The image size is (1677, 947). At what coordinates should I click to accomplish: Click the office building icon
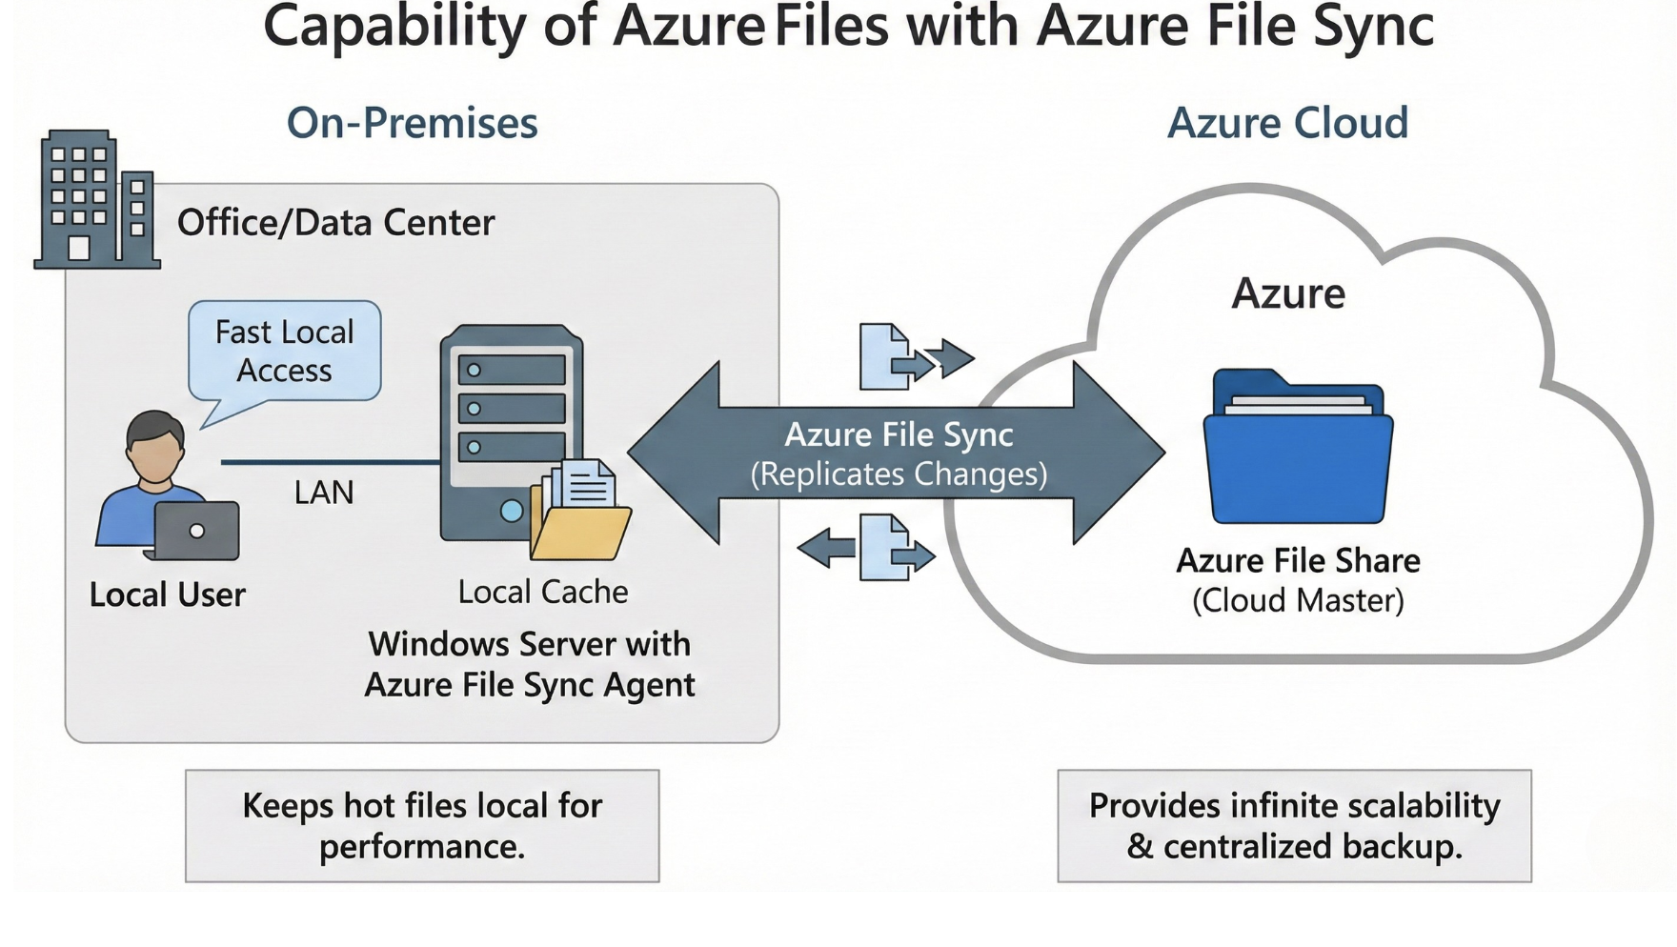[96, 200]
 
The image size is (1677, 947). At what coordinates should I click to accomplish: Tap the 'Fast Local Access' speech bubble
[285, 351]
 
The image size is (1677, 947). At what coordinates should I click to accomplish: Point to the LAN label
[324, 493]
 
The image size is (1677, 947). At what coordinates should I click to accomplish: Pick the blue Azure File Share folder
[1298, 453]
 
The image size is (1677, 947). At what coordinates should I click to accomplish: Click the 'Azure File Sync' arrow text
[899, 435]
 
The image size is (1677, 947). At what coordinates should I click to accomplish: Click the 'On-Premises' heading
[413, 123]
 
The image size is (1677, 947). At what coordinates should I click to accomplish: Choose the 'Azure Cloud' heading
[1287, 123]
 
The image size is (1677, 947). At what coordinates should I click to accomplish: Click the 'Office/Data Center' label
[336, 223]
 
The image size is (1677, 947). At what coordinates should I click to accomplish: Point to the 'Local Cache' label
[543, 592]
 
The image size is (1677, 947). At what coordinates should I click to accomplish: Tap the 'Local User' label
[168, 594]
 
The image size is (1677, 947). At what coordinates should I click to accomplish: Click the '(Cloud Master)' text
[1298, 601]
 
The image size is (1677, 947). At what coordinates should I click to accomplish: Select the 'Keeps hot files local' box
[422, 826]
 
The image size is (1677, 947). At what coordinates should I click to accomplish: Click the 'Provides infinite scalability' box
[1294, 826]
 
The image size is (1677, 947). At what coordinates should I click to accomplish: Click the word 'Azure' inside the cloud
[1288, 292]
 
